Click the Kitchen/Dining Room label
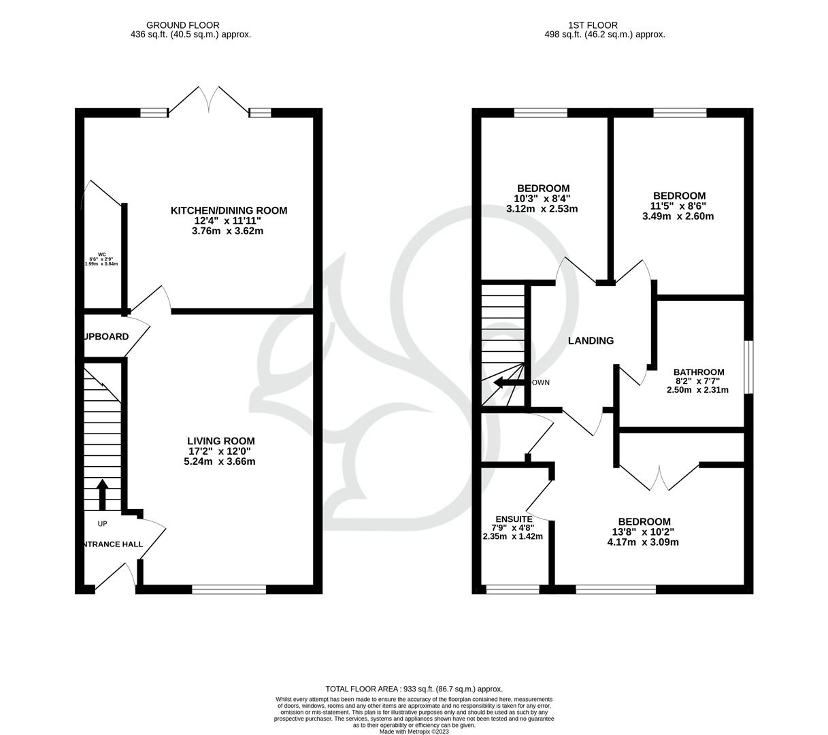(229, 210)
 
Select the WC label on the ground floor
(102, 255)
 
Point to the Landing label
(591, 340)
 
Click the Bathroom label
(699, 372)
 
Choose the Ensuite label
(513, 519)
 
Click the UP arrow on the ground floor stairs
(103, 495)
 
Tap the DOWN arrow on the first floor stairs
(506, 383)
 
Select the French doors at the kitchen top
(208, 101)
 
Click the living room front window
(229, 589)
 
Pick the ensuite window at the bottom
(513, 589)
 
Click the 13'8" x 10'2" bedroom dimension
(643, 532)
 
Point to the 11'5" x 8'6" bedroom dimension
(678, 206)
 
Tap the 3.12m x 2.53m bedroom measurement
(542, 209)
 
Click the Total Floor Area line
(414, 689)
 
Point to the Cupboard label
(106, 337)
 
